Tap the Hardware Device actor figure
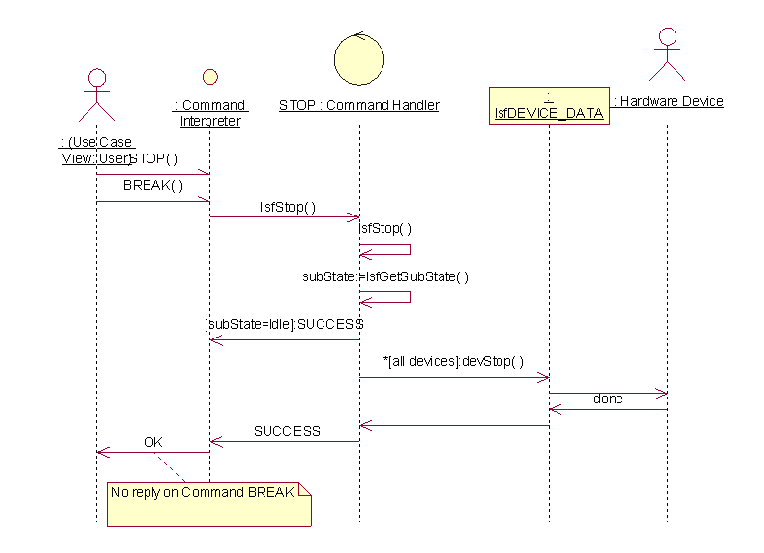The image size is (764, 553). (668, 55)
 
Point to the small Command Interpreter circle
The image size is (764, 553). (209, 77)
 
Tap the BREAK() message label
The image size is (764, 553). (152, 185)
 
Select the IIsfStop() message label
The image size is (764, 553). (287, 207)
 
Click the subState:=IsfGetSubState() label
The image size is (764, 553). (385, 276)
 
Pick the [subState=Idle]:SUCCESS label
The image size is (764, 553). (284, 323)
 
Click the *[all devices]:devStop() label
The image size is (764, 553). (454, 361)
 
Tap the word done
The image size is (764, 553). (608, 399)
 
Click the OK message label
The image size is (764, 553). (153, 442)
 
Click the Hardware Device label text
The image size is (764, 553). (668, 101)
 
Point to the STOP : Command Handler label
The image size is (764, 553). (359, 105)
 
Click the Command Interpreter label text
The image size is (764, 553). (209, 113)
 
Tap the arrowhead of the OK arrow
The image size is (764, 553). (101, 452)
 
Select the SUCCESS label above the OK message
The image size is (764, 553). (287, 431)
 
